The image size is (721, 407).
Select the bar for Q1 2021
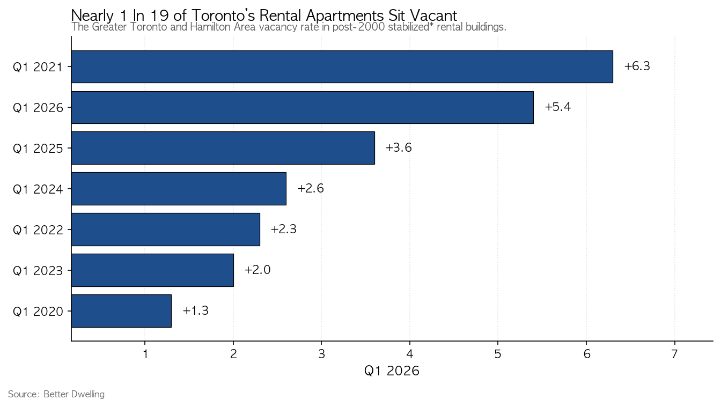342,66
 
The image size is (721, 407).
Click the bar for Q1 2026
302,107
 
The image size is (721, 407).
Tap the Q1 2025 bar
223,148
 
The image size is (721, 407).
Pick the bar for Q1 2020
121,311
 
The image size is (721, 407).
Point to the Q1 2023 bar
152,270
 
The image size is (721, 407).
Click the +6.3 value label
637,66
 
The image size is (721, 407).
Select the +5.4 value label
557,107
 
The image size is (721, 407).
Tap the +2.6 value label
311,188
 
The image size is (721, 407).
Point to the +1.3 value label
195,310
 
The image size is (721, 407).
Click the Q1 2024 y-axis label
38,189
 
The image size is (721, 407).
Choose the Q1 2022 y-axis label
38,230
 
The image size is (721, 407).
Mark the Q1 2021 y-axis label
38,67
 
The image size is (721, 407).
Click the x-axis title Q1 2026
392,371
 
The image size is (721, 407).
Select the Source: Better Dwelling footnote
56,394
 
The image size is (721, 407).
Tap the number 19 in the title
159,15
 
